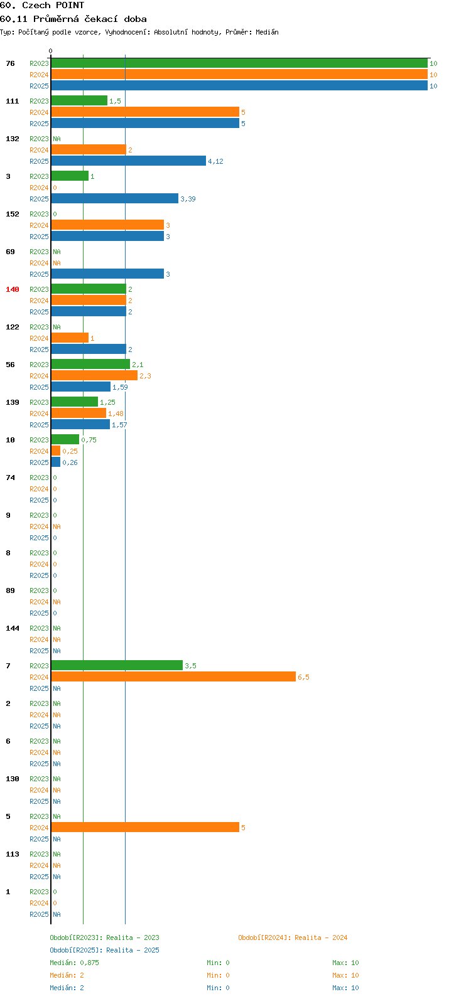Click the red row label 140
tap(13, 289)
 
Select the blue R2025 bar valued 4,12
tap(129, 161)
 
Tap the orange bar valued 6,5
tap(174, 677)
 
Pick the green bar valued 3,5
tap(117, 665)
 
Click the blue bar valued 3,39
tap(115, 198)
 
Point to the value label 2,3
tap(145, 376)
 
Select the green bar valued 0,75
tap(65, 440)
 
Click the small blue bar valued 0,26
tap(56, 462)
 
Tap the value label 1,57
tap(119, 425)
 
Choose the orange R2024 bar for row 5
tap(145, 827)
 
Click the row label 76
tap(10, 63)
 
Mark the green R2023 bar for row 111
tap(80, 101)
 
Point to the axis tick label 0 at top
tap(50, 51)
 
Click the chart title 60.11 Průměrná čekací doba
tap(73, 19)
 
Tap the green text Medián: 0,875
tap(75, 963)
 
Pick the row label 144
tap(13, 628)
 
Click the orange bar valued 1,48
tap(78, 414)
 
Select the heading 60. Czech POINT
tap(42, 6)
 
